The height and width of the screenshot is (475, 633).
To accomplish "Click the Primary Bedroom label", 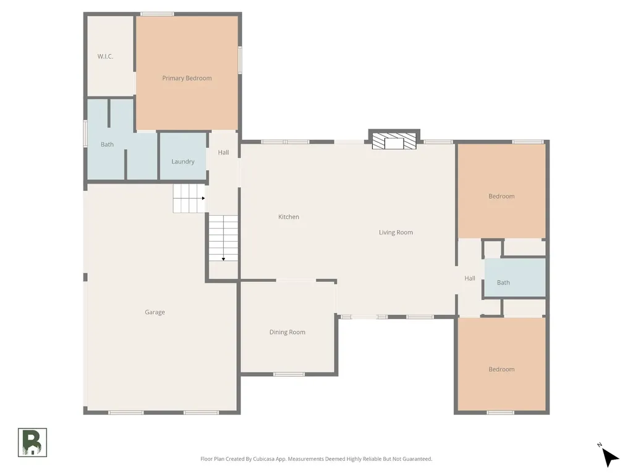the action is pyautogui.click(x=187, y=79).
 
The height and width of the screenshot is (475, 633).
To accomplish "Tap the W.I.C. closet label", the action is pyautogui.click(x=105, y=56).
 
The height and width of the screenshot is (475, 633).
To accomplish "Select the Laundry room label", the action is pyautogui.click(x=183, y=161).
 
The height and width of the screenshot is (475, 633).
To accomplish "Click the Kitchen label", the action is pyautogui.click(x=289, y=217).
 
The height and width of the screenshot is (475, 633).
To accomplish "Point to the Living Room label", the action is pyautogui.click(x=396, y=233).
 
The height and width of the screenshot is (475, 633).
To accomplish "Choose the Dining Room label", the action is pyautogui.click(x=287, y=332).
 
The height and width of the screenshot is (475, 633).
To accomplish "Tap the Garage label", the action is pyautogui.click(x=155, y=312).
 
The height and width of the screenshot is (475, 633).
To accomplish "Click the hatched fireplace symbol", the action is pyautogui.click(x=394, y=141).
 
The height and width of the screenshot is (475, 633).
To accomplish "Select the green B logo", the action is pyautogui.click(x=32, y=443).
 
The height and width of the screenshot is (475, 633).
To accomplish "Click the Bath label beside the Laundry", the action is pyautogui.click(x=107, y=145).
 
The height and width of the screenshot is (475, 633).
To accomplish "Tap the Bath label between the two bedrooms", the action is pyautogui.click(x=503, y=283).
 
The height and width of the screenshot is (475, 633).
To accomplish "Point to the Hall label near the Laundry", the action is pyautogui.click(x=223, y=153).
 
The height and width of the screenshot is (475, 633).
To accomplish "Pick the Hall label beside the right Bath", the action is pyautogui.click(x=470, y=278).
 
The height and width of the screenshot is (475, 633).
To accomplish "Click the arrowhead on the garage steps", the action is pyautogui.click(x=203, y=199).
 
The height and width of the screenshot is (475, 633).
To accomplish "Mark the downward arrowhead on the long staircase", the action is pyautogui.click(x=223, y=259).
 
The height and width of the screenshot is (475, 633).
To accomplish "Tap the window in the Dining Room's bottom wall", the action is pyautogui.click(x=289, y=374).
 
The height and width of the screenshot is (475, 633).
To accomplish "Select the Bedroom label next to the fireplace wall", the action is pyautogui.click(x=501, y=196).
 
